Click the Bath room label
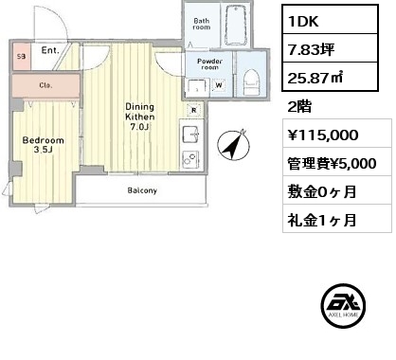pos(202,24)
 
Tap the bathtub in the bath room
pos(236,26)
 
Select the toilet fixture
pos(251,82)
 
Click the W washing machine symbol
pos(219,85)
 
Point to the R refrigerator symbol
pos(194,110)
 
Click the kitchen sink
pos(189,135)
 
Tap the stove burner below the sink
pos(189,159)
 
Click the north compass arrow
pos(233,145)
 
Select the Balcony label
pos(142,190)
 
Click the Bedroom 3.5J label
pos(44,145)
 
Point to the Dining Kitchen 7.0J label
pos(140,117)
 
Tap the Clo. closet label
pos(45,85)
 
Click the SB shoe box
pos(22,57)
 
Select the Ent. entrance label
pos(50,50)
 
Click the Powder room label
pos(209,64)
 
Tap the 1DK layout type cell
pos(330,20)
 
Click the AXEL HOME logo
pos(343,305)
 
